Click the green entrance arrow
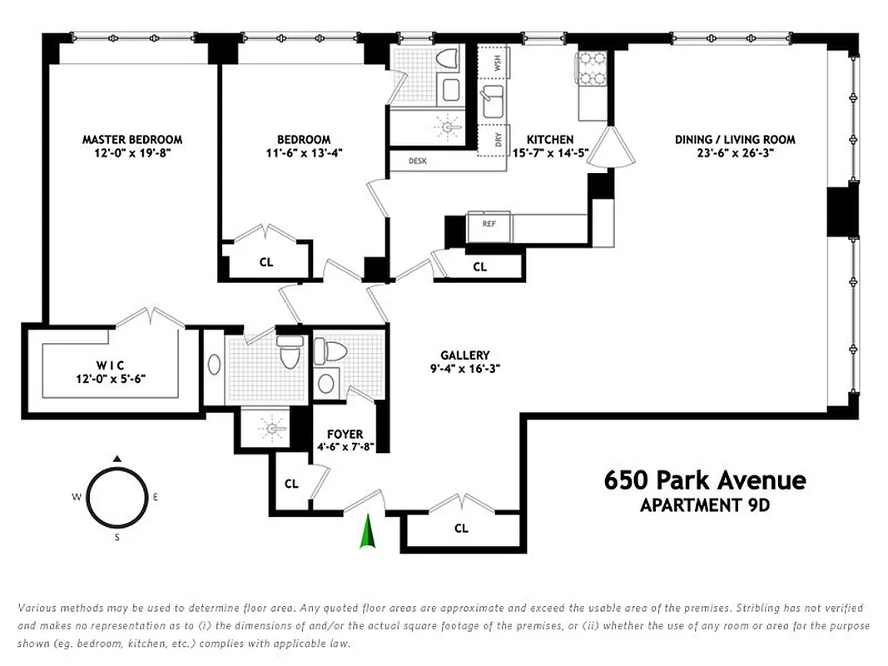[366, 532]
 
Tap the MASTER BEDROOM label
[131, 140]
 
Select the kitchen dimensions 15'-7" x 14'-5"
[550, 153]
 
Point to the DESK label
[417, 161]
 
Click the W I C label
[110, 365]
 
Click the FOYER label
[345, 434]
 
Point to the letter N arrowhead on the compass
[117, 458]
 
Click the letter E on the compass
[156, 497]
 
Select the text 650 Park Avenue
[705, 480]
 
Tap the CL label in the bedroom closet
[265, 261]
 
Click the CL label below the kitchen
[479, 267]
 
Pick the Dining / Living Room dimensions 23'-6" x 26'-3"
[735, 153]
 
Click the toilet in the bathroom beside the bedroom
[449, 59]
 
